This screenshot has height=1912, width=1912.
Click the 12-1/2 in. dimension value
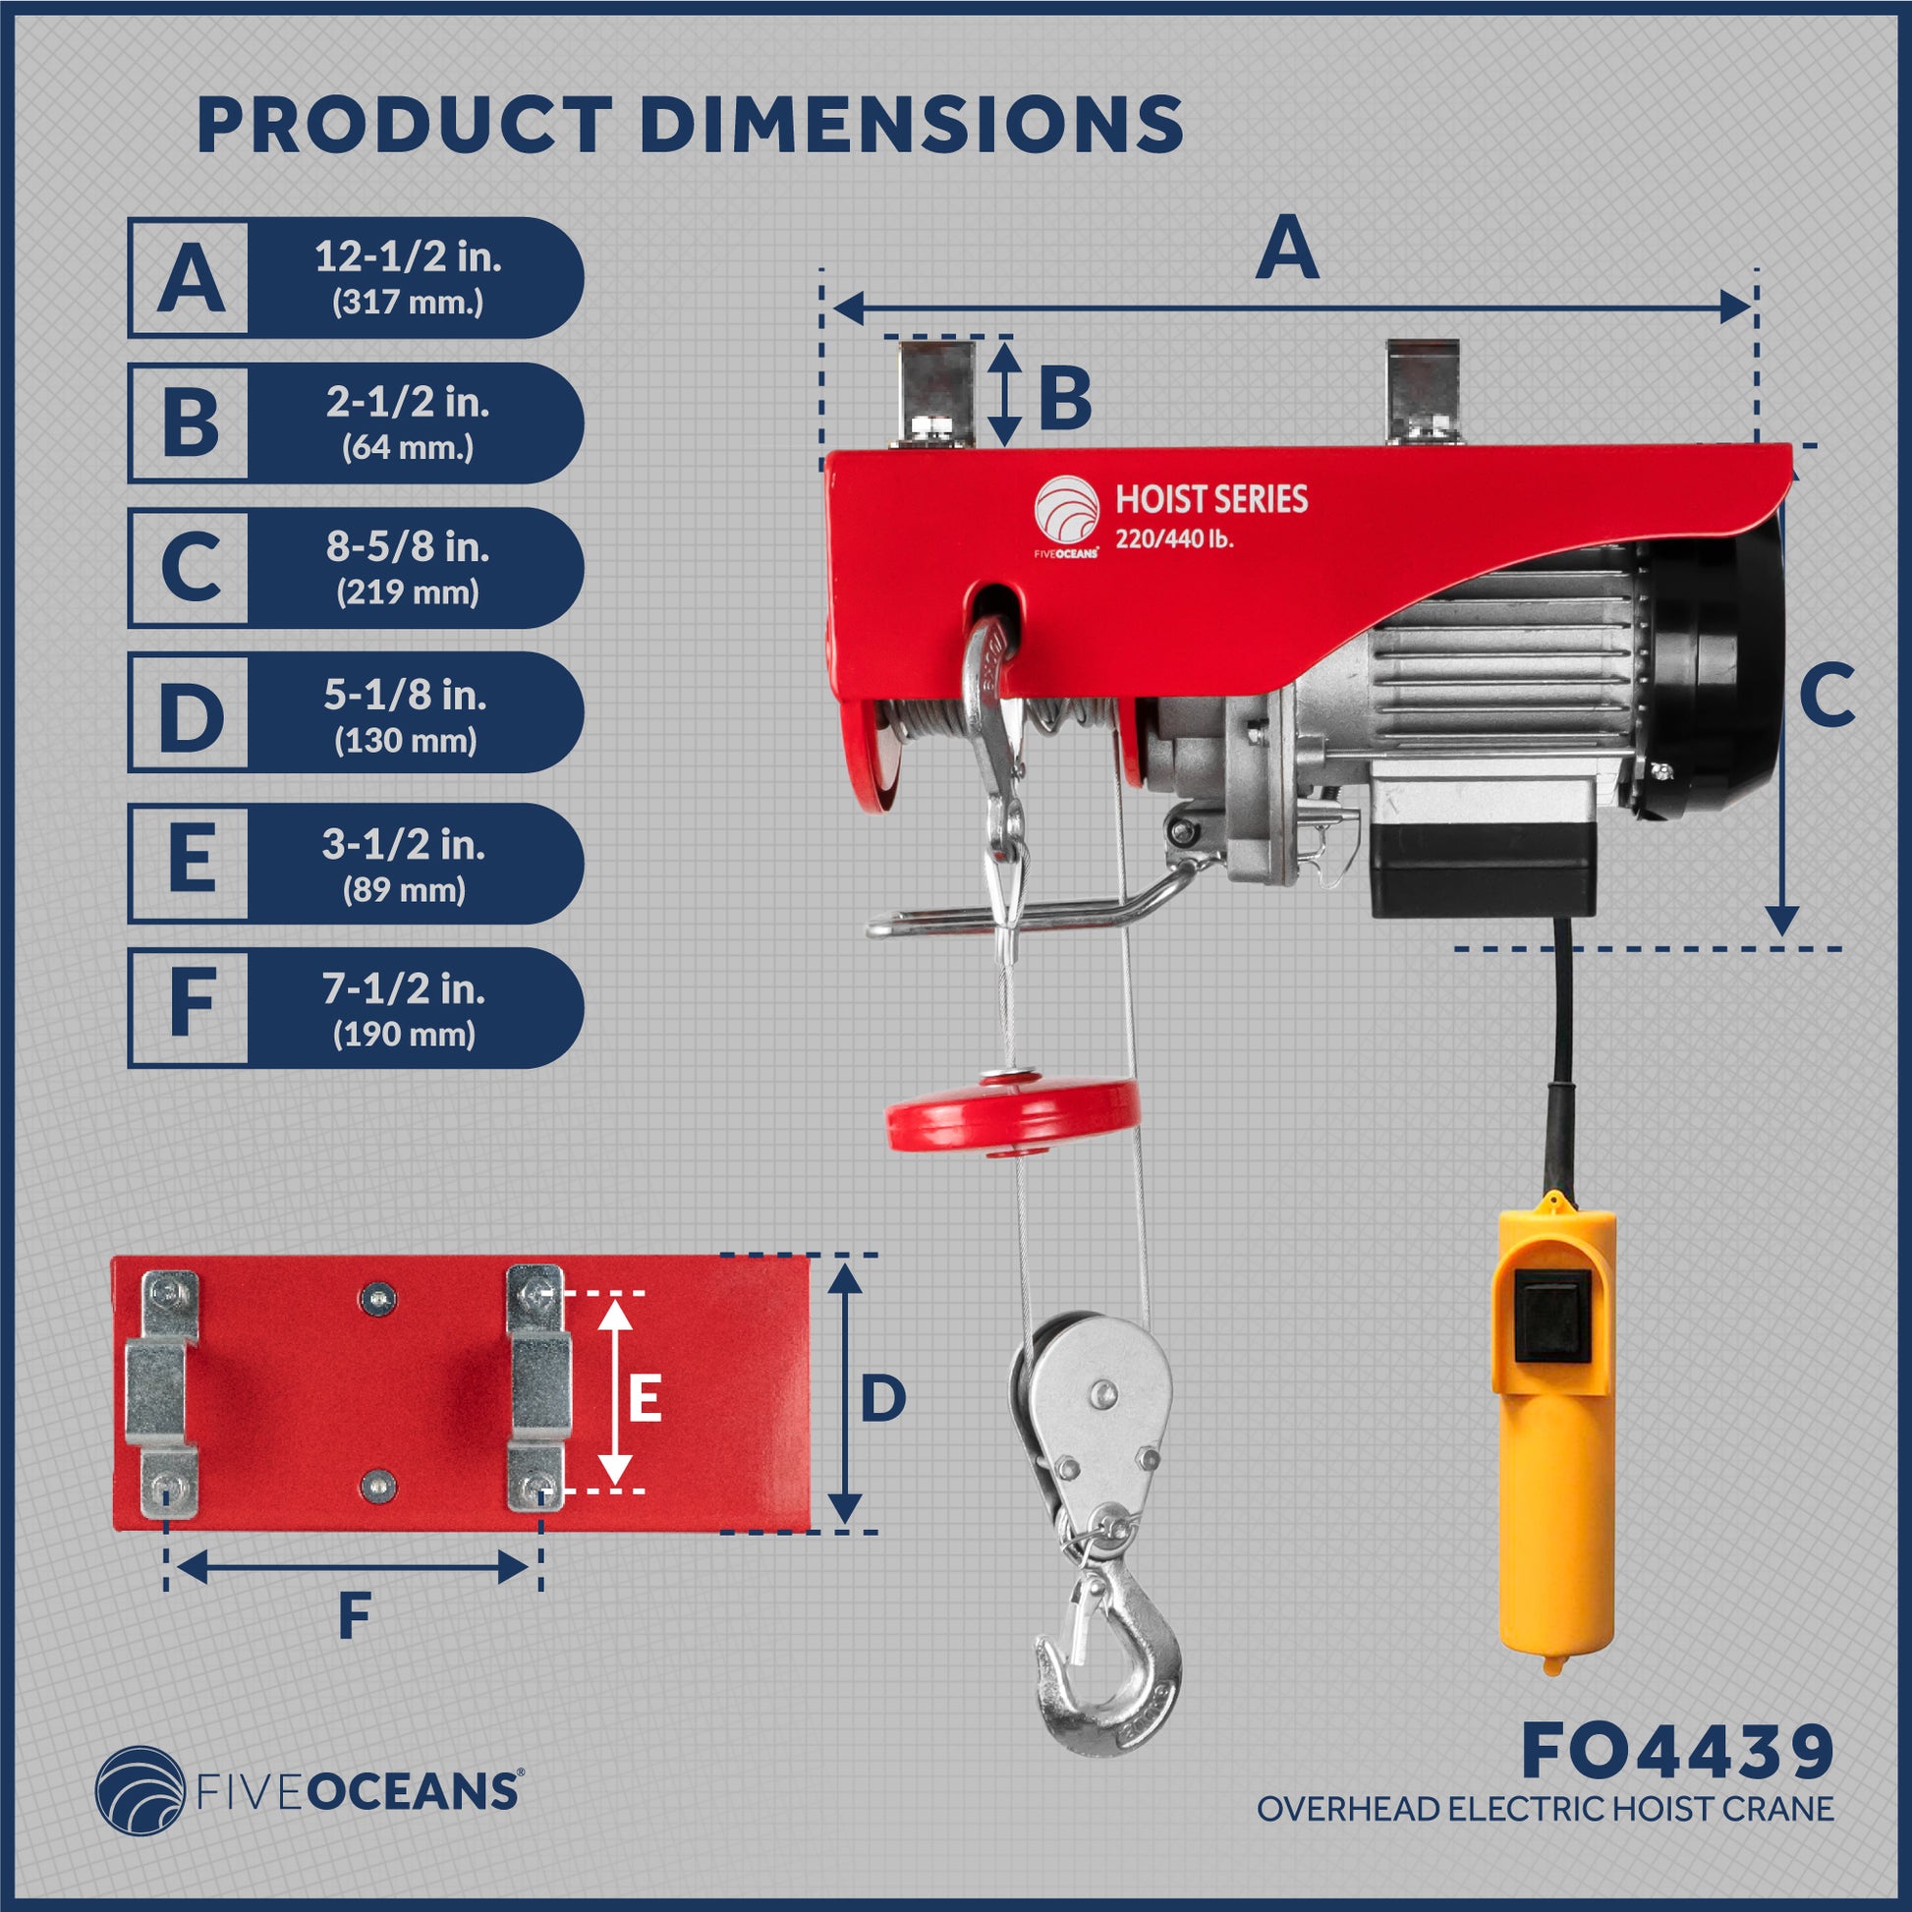pyautogui.click(x=408, y=257)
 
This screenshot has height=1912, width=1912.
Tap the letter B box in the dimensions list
pyautogui.click(x=189, y=422)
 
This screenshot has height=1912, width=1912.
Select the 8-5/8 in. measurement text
pyautogui.click(x=408, y=547)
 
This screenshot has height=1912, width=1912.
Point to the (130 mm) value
pyautogui.click(x=406, y=741)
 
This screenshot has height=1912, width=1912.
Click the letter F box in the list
pyautogui.click(x=189, y=1006)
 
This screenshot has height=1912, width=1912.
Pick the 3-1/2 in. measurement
pyautogui.click(x=404, y=844)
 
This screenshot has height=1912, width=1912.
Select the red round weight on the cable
pyautogui.click(x=1012, y=1113)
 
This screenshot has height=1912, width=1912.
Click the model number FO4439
pyautogui.click(x=1676, y=1751)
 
